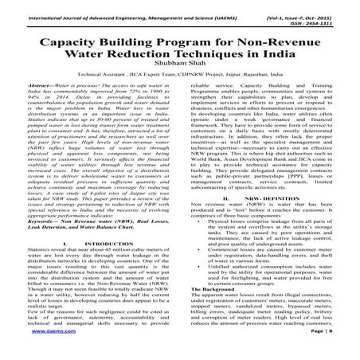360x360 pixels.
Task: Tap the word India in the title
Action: (272, 52)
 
